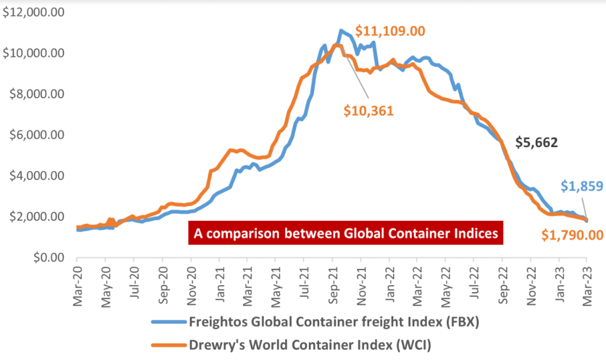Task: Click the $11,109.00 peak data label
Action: (x=391, y=31)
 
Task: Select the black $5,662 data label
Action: (x=536, y=142)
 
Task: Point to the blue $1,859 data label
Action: (x=582, y=187)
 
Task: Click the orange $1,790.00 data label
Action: (x=572, y=235)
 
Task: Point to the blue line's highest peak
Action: (x=341, y=30)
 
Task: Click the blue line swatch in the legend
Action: (x=168, y=323)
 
